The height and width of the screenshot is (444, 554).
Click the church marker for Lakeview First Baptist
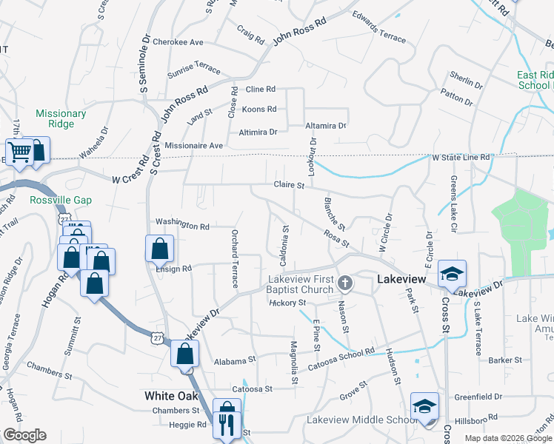tap(345, 283)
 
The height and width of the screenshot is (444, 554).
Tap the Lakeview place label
tap(401, 279)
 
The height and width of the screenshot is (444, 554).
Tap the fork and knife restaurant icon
tap(226, 424)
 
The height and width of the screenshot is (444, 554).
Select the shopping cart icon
tap(20, 152)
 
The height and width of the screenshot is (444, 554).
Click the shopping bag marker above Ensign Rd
tap(160, 249)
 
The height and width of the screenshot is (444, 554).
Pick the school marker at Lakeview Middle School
tap(425, 406)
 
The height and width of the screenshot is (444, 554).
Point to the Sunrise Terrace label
tap(194, 69)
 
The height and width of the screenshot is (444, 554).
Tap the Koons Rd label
tap(259, 110)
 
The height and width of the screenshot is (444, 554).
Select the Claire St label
tap(290, 185)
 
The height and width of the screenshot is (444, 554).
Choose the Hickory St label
tap(288, 303)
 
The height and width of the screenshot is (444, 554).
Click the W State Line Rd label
tap(461, 158)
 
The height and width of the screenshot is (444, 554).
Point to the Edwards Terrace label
tap(379, 26)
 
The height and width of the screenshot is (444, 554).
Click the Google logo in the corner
tap(24, 435)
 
